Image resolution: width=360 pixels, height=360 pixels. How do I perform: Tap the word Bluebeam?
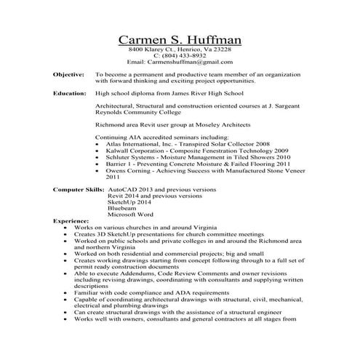(121, 207)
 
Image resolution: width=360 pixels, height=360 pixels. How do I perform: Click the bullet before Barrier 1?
(99, 164)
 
